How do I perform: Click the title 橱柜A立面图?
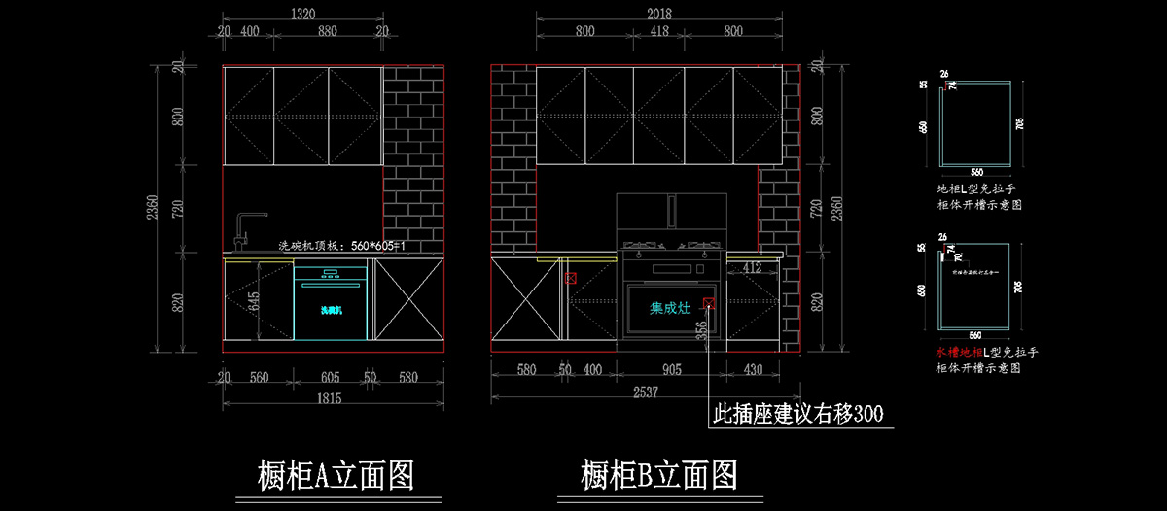336,476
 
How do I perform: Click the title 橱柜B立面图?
658,476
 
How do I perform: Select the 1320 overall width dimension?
303,14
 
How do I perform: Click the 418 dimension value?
658,31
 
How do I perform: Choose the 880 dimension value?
328,31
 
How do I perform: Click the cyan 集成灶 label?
670,308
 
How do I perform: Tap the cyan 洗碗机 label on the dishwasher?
332,310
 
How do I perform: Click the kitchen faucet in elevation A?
243,230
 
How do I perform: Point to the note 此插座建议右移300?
798,415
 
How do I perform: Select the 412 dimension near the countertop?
751,266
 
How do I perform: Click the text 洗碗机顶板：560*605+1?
341,246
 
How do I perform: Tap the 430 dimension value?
753,370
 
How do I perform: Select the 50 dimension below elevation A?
370,377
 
